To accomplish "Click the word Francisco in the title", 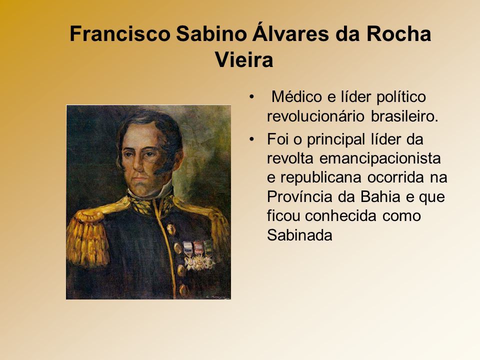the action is tap(119, 33).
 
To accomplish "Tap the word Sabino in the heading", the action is tap(211, 33).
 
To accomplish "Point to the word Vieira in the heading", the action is tap(244, 59).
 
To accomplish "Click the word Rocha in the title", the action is tap(398, 33).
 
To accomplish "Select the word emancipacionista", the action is tap(380, 158).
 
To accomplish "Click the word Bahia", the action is tap(380, 196).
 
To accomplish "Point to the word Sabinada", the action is tap(299, 235).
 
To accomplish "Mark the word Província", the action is tap(299, 196).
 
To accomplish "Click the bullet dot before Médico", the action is tap(251, 96).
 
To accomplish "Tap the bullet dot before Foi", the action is tap(251, 139).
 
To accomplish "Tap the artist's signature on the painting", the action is tap(217, 296).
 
